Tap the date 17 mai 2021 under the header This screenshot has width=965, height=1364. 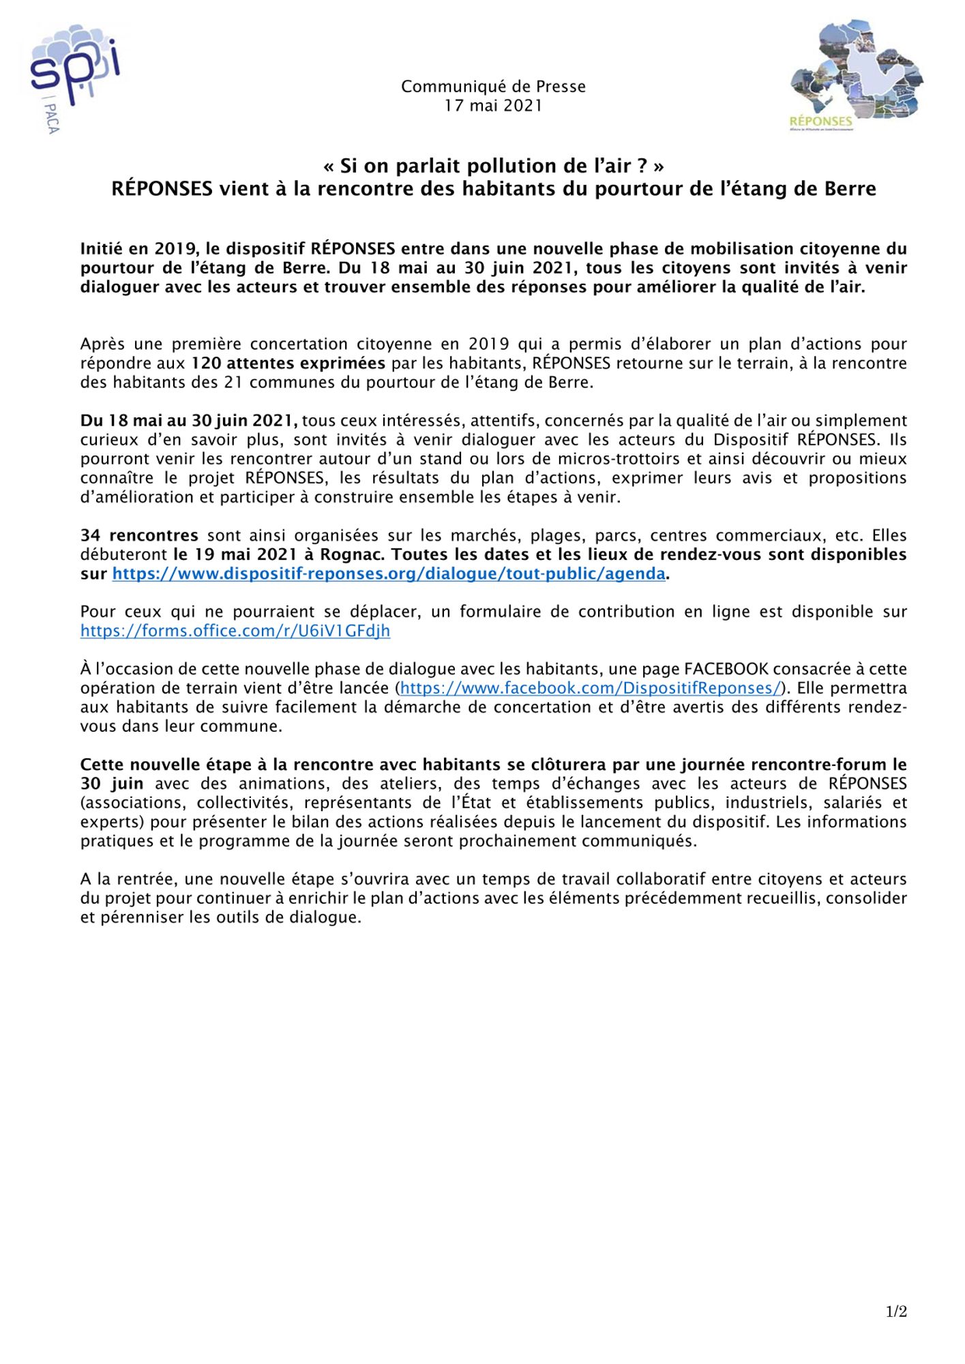coord(493,106)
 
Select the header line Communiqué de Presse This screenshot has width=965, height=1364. coord(493,87)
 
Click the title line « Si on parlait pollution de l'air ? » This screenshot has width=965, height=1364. coord(493,166)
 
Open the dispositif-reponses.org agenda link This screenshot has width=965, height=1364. coord(389,574)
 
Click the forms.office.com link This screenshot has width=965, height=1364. coord(235,631)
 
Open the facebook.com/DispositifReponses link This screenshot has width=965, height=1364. coord(590,688)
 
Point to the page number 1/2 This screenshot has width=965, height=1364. coord(896,1311)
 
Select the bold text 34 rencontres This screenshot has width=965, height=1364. coord(139,535)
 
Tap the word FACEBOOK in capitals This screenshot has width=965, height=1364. coord(726,669)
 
